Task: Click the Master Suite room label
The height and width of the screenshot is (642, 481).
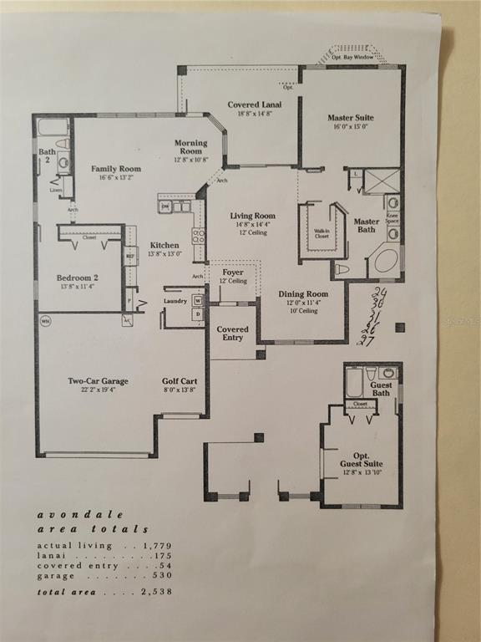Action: coord(351,118)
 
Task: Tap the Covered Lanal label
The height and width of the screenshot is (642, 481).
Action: coord(254,104)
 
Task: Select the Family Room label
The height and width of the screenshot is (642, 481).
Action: coord(115,169)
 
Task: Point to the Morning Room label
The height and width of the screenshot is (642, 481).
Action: coord(190,143)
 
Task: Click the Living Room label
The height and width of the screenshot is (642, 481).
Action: coord(252,216)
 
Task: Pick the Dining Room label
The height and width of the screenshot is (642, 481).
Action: coord(302,294)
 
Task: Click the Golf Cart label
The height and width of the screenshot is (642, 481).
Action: coord(179,381)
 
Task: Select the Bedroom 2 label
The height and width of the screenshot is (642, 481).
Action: coord(77,278)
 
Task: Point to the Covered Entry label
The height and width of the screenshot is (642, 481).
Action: coord(232,330)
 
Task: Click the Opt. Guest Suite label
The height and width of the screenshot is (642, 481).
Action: coord(361,459)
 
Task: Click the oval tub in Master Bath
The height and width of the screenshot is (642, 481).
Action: coord(385,260)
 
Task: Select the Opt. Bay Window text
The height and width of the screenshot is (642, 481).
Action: coord(352,56)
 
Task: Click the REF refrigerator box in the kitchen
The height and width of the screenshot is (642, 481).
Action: coord(130,256)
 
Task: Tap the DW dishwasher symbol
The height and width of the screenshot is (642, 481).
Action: coord(165,206)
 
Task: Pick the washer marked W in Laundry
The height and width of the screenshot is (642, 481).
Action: coord(198,299)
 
